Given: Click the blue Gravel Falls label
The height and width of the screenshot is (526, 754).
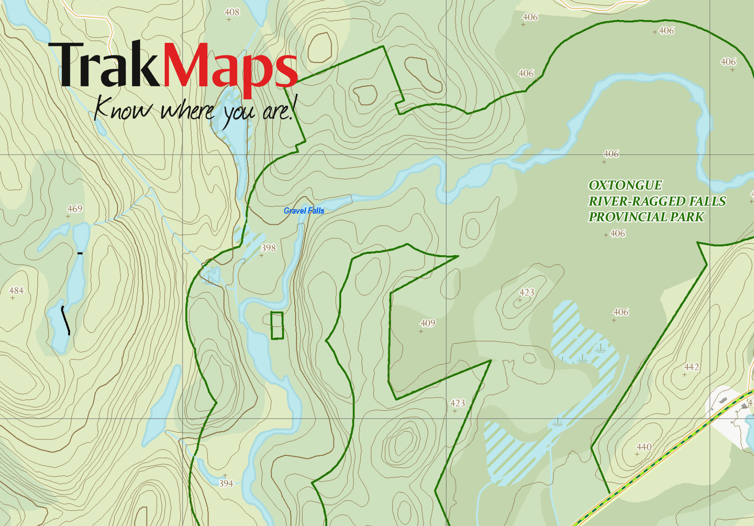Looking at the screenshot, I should [304, 210].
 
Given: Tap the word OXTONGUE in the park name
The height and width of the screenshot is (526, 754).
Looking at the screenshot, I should [625, 185].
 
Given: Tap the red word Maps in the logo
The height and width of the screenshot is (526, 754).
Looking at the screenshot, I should [230, 67].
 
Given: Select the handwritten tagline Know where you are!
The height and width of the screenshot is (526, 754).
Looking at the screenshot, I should [194, 109].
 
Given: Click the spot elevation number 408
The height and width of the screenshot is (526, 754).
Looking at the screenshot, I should [232, 12].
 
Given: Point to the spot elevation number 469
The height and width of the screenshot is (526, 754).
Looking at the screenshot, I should [75, 209].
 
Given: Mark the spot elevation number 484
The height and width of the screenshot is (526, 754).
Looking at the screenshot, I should [17, 290].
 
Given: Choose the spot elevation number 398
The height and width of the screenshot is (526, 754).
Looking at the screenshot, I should [268, 248].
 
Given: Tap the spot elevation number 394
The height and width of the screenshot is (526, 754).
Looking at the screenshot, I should [226, 484].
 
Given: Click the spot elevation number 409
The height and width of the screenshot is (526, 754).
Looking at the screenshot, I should [428, 323].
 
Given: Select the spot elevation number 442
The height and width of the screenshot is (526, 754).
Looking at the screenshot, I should [692, 367].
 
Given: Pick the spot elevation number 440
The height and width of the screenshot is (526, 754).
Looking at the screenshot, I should [644, 447].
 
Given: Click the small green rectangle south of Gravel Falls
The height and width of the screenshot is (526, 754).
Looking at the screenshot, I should [277, 325].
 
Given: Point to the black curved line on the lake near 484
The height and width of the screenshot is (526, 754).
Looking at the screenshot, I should [66, 320].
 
